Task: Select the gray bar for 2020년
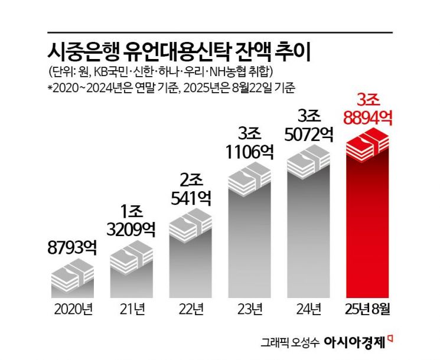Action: coord(73,289)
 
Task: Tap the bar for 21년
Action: coord(131,277)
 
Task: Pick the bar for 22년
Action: coord(191,260)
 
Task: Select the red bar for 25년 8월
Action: coord(367,224)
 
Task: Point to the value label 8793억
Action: coord(73,247)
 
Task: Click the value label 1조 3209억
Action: coord(131,219)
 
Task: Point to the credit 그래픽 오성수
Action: coord(293,342)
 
